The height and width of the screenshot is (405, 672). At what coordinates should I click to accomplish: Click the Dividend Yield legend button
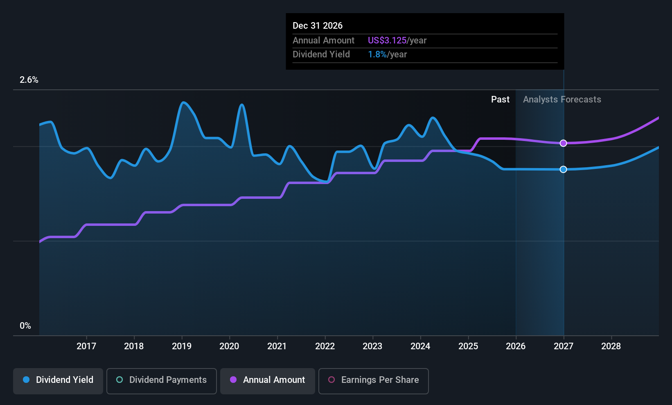[58, 381]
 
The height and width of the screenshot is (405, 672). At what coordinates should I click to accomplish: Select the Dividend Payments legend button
[161, 381]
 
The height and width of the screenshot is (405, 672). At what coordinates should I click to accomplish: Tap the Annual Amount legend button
[268, 381]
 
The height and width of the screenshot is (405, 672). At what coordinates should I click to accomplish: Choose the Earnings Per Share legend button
[374, 381]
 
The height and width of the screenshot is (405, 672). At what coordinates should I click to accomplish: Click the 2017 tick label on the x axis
[86, 346]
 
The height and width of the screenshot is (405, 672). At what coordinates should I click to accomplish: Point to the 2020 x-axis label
[229, 346]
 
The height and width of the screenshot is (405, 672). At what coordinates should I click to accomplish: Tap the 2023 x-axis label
[372, 346]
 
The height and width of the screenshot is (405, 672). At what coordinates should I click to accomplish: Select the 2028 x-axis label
[611, 346]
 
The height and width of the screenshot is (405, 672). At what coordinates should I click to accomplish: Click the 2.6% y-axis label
[29, 80]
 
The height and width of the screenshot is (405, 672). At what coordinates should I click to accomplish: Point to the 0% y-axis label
[25, 326]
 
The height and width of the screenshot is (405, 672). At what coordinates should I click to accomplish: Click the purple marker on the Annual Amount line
[564, 143]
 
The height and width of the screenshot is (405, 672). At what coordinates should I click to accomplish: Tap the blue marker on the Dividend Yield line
[564, 169]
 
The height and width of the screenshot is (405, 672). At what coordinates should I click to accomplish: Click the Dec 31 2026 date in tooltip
[318, 26]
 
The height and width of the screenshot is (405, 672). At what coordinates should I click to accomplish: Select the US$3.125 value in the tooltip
[387, 40]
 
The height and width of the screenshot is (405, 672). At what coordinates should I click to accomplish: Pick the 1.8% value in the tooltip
[377, 55]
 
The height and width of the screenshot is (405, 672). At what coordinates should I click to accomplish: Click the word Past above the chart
[500, 100]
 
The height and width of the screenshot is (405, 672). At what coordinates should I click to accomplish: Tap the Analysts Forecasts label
[562, 100]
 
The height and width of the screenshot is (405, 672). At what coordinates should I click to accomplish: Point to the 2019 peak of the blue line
[183, 103]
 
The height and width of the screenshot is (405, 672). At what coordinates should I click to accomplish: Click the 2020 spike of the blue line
[242, 105]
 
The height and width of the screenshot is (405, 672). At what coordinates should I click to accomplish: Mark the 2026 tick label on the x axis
[516, 346]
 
